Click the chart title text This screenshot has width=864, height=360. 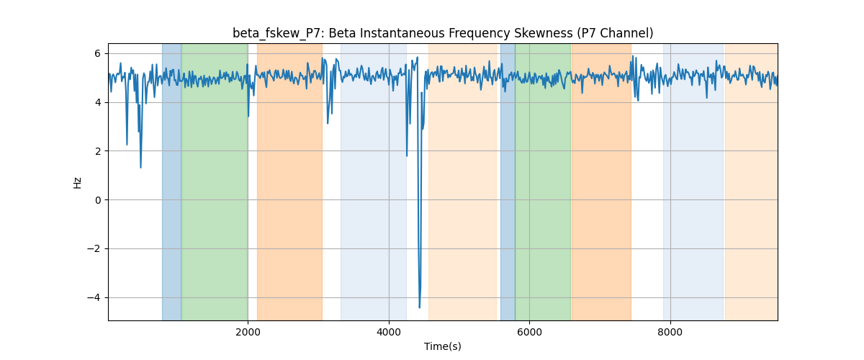[443, 33]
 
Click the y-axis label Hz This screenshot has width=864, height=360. [77, 182]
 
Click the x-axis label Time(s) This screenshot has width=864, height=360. [443, 346]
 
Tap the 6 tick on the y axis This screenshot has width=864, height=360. [97, 53]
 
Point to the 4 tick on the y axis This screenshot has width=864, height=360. [97, 102]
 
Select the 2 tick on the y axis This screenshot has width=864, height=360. [97, 151]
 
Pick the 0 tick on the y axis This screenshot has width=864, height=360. [97, 200]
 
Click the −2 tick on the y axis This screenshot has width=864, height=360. [94, 248]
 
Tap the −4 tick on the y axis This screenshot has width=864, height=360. [94, 297]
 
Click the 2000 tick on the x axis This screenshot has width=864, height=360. [248, 332]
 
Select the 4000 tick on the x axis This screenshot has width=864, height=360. [389, 332]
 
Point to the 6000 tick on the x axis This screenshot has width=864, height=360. [530, 332]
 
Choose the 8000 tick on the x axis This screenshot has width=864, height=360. [670, 332]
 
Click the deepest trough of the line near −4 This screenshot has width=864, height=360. [420, 307]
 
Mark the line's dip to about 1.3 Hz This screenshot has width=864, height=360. [141, 168]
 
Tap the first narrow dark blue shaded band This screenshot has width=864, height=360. [171, 181]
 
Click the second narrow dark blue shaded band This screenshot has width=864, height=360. [508, 181]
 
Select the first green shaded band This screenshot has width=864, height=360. [215, 181]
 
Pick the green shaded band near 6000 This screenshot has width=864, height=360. [543, 181]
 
